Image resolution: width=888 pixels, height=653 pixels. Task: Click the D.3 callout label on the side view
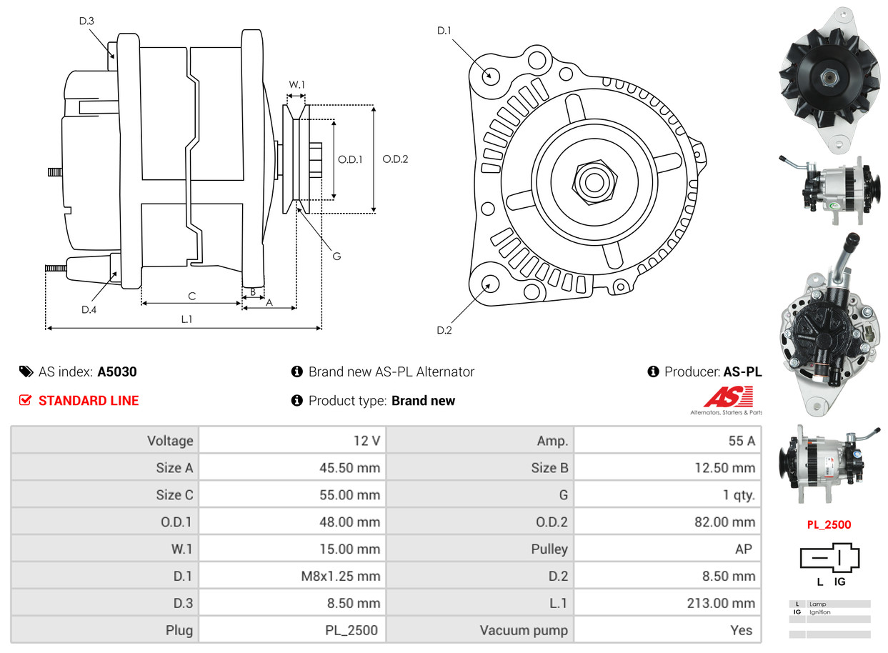(x=86, y=21)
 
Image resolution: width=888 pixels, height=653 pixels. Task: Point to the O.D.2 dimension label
(x=394, y=159)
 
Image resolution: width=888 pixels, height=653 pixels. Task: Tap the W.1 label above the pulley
(x=296, y=84)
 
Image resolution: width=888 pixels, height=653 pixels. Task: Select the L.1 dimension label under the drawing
(x=186, y=319)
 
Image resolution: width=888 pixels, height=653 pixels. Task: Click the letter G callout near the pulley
(x=336, y=256)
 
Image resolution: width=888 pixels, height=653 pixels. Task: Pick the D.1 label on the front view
(x=444, y=30)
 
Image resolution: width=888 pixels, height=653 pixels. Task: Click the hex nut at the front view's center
(x=593, y=181)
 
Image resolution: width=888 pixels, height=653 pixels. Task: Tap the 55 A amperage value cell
(x=741, y=441)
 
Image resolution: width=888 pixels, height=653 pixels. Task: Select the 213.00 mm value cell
(x=720, y=603)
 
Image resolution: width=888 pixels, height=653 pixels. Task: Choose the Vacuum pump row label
(x=524, y=630)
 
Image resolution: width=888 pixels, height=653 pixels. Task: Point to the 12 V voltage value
(x=366, y=441)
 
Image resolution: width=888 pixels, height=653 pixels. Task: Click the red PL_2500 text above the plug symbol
(x=829, y=524)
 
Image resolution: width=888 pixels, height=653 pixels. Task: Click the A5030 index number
(x=117, y=372)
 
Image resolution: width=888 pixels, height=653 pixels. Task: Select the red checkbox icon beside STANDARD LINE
(x=26, y=401)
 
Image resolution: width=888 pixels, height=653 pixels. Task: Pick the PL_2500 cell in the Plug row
(x=351, y=630)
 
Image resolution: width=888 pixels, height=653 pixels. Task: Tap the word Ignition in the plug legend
(x=820, y=612)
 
